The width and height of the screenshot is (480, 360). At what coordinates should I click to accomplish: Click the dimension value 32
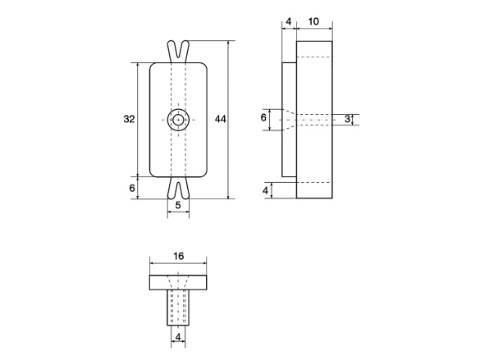click(x=129, y=119)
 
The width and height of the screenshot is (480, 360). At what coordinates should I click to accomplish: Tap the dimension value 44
click(x=221, y=119)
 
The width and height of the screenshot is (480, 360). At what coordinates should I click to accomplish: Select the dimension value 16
click(x=179, y=256)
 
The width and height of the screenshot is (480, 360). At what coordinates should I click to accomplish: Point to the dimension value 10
click(x=313, y=21)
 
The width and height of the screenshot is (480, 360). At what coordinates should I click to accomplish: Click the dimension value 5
click(x=178, y=205)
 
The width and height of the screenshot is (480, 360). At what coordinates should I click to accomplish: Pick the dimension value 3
click(x=347, y=119)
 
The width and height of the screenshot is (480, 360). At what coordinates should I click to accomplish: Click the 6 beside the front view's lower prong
click(x=132, y=188)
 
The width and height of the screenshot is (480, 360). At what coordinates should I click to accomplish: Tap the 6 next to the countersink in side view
click(x=263, y=117)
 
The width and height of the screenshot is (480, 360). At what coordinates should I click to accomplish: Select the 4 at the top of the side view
click(x=288, y=21)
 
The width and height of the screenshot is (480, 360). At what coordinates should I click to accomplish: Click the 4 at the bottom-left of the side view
click(x=265, y=190)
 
